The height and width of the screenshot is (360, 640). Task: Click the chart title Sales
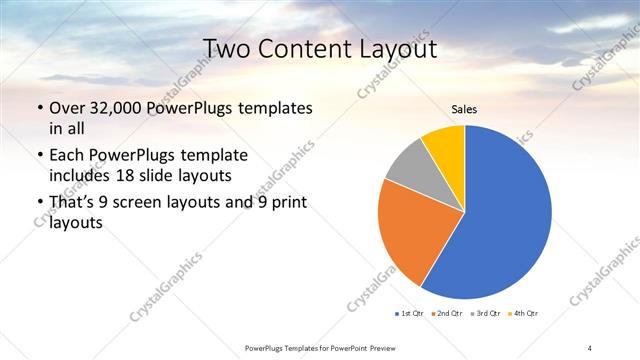pos(465,109)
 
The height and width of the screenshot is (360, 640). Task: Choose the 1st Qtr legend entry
pos(411,314)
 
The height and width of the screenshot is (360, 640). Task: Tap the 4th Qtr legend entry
pos(521,314)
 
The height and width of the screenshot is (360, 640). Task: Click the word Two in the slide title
pos(226,48)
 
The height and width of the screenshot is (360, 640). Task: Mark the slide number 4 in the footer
pos(590,347)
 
